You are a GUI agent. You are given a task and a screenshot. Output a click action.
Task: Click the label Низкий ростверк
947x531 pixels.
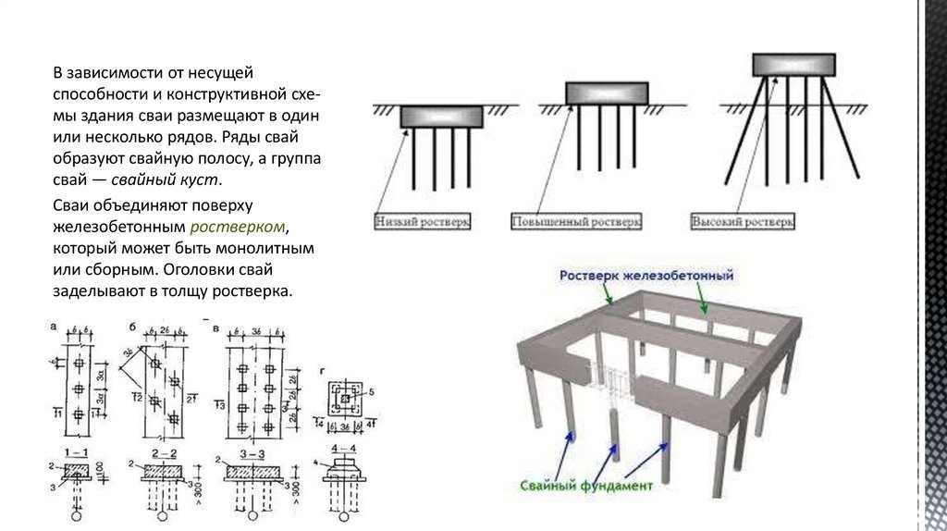tap(424, 222)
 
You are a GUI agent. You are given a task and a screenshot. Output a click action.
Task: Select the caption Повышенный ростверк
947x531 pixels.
tap(575, 223)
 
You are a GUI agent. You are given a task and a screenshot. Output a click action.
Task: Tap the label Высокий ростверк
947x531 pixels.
tap(741, 223)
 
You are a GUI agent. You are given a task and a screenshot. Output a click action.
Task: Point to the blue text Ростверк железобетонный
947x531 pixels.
tap(646, 276)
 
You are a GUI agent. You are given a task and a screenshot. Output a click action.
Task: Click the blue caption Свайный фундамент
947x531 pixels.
tap(587, 484)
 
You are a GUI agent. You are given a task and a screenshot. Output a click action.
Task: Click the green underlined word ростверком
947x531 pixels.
tap(239, 228)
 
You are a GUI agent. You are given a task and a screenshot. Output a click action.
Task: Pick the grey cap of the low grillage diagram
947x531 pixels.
tap(442, 117)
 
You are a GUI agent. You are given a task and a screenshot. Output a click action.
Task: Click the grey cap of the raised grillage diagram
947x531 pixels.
tap(605, 93)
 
